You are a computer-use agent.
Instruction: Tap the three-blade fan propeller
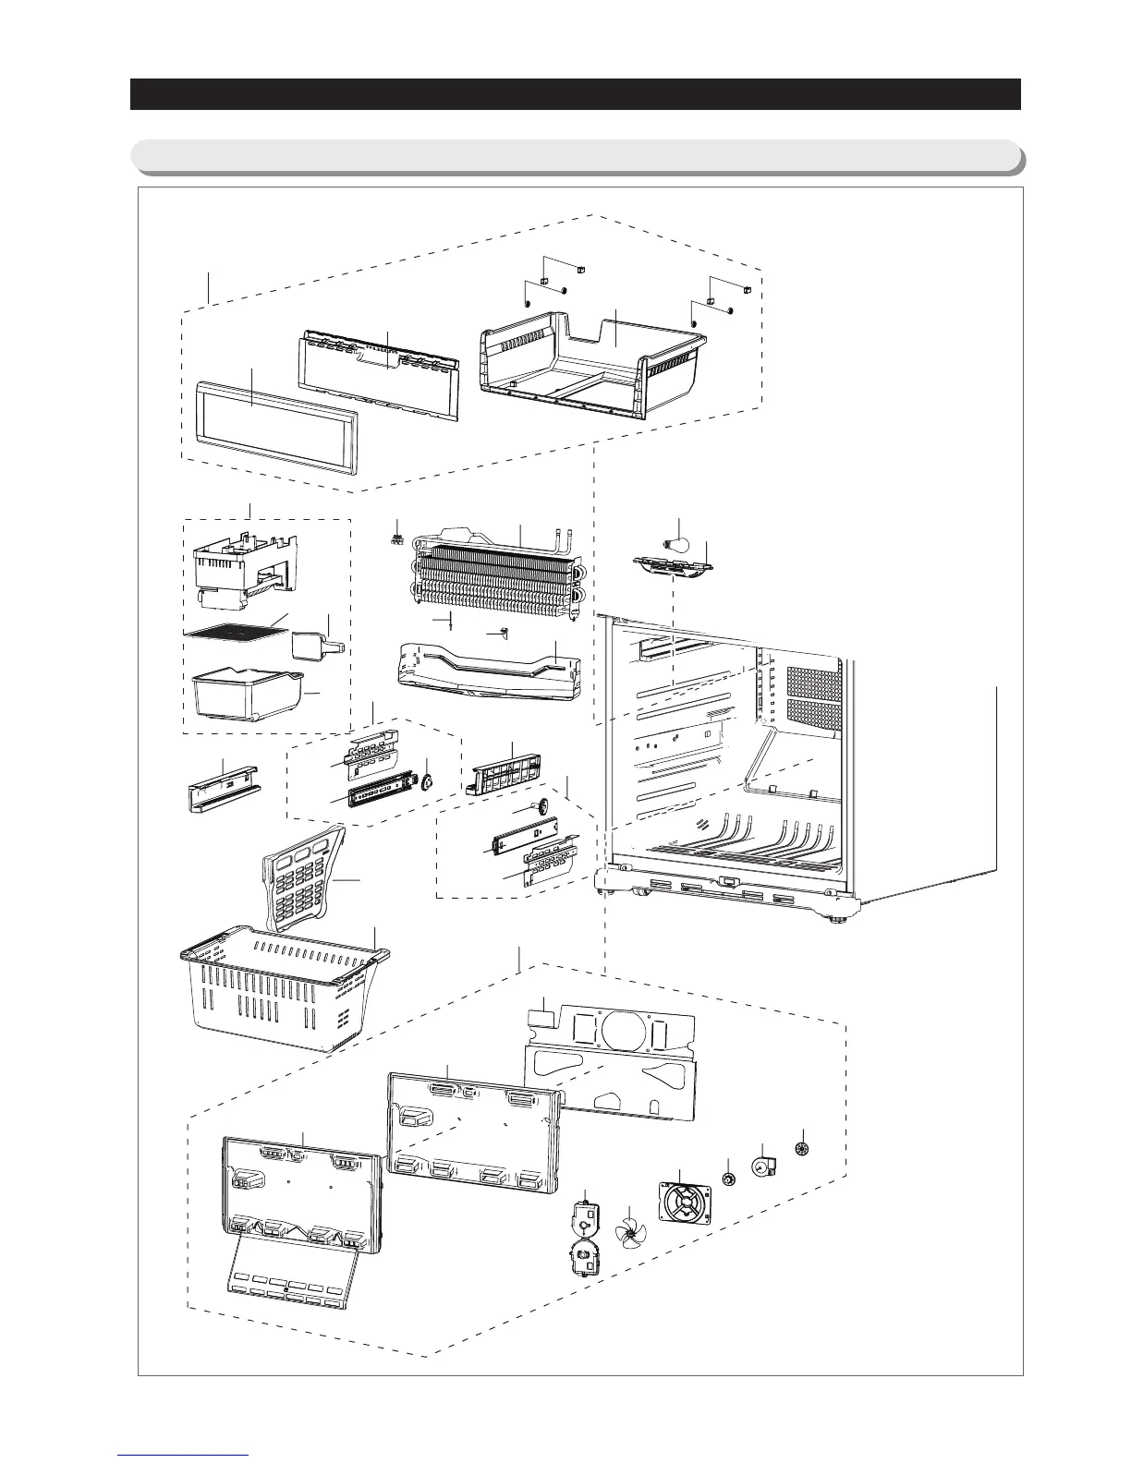tap(630, 1230)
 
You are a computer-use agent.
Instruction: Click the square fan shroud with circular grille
tap(685, 1204)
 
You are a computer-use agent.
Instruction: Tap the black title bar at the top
tap(575, 94)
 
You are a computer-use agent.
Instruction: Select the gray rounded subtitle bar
tap(575, 156)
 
